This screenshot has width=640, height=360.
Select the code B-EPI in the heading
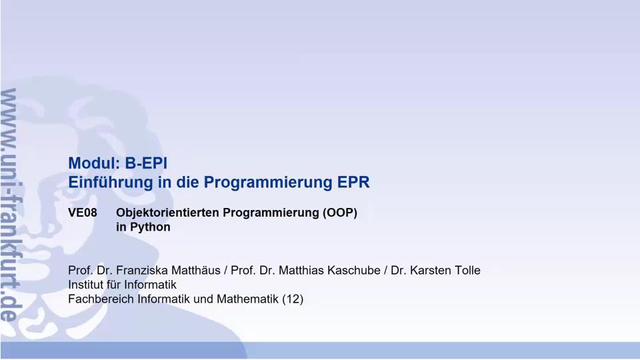[x=146, y=163]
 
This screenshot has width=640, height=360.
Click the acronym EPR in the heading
[x=353, y=182]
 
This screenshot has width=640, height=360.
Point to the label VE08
[x=83, y=213]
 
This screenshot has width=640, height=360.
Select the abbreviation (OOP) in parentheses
[x=340, y=213]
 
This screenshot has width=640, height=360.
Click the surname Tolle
[x=465, y=271]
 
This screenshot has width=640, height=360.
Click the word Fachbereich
[x=101, y=299]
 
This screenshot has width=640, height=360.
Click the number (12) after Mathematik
[x=293, y=299]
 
